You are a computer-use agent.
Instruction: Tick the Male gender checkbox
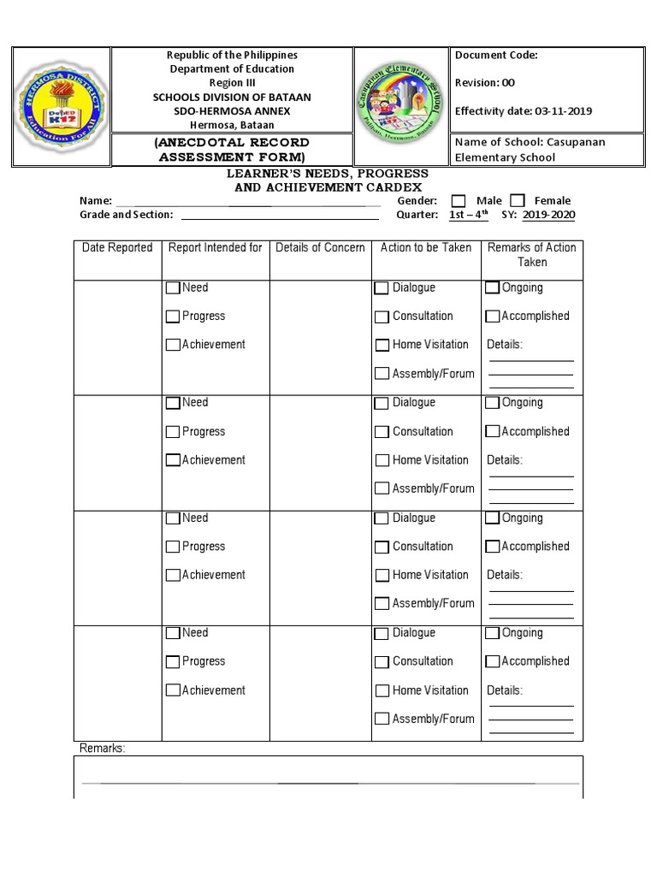pyautogui.click(x=459, y=200)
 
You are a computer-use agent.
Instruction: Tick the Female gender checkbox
pyautogui.click(x=518, y=200)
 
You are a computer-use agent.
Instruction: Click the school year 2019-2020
pyautogui.click(x=548, y=215)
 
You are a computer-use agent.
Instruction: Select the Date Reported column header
pyautogui.click(x=117, y=248)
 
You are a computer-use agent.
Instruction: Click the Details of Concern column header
pyautogui.click(x=320, y=248)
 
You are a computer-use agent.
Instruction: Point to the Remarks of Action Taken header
pyautogui.click(x=531, y=255)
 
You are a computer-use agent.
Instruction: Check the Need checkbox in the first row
pyautogui.click(x=173, y=288)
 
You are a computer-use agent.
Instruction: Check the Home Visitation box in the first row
pyautogui.click(x=382, y=346)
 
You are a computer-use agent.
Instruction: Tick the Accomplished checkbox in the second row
pyautogui.click(x=492, y=432)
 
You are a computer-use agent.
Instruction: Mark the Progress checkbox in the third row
pyautogui.click(x=173, y=547)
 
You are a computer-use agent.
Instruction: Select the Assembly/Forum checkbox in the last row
pyautogui.click(x=382, y=719)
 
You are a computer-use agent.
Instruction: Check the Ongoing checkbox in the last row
pyautogui.click(x=492, y=634)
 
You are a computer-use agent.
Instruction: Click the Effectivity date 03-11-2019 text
pyautogui.click(x=524, y=111)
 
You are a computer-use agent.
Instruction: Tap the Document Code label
pyautogui.click(x=496, y=56)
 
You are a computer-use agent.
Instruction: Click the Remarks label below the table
pyautogui.click(x=102, y=749)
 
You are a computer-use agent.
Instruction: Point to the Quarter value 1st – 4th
pyautogui.click(x=468, y=215)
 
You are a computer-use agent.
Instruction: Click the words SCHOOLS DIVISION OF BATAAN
pyautogui.click(x=232, y=97)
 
